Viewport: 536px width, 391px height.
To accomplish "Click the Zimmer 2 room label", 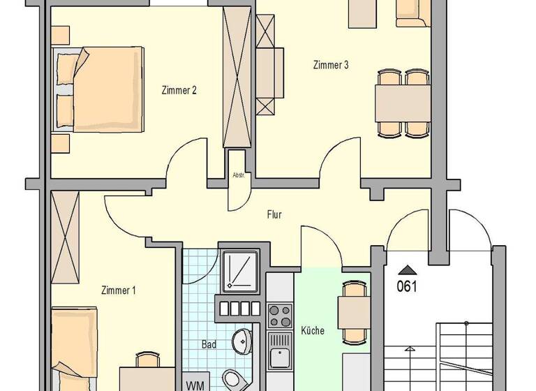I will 179,90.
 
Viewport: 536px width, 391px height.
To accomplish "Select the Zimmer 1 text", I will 118,290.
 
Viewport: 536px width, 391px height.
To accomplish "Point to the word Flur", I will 274,215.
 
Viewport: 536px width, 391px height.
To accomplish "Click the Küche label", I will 312,330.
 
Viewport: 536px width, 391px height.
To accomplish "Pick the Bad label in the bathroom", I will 209,345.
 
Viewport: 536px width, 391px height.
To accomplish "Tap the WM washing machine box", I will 195,383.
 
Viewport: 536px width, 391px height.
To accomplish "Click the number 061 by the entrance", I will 407,286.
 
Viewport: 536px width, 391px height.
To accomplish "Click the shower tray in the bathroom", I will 239,270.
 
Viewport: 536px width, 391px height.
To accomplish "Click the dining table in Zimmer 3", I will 403,103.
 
